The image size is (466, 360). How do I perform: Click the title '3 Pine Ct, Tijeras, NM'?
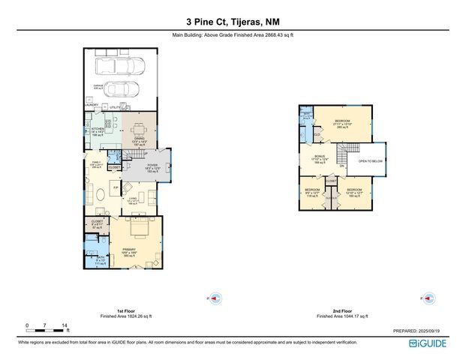click(x=233, y=23)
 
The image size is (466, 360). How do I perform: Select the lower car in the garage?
click(x=121, y=89)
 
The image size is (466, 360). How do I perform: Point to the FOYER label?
click(x=152, y=166)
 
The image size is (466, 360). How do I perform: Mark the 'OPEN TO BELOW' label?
click(x=370, y=161)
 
